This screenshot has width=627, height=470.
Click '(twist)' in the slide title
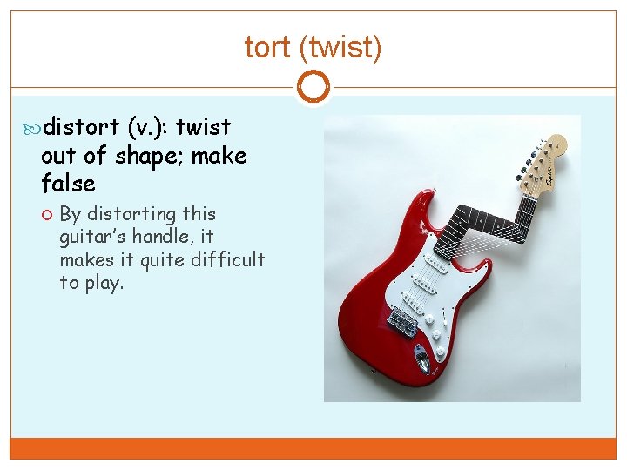(x=340, y=47)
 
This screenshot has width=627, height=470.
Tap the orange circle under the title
(x=313, y=87)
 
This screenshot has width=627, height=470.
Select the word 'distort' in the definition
(x=80, y=127)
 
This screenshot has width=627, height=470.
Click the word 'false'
(x=68, y=185)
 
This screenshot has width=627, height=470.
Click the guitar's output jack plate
(x=422, y=355)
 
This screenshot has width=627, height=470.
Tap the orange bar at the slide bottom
(x=313, y=447)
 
